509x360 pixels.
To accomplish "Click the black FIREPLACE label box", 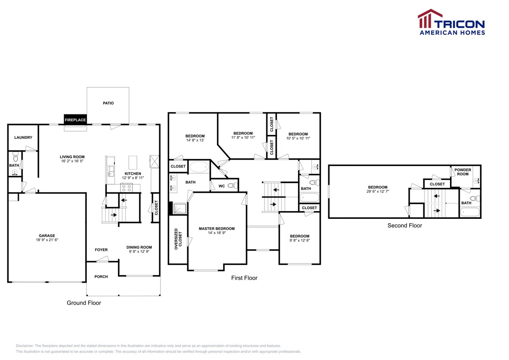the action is click(x=75, y=120).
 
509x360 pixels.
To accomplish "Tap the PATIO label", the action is click(x=108, y=103).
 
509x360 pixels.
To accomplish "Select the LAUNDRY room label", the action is click(x=23, y=138).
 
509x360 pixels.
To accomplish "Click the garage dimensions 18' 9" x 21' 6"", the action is click(x=47, y=240).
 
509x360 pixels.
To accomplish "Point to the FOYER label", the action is click(x=101, y=250).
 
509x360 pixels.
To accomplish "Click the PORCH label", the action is click(x=101, y=276).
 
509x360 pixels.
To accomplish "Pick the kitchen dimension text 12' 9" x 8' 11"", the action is click(x=133, y=178).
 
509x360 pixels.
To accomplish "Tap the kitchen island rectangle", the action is click(x=133, y=162).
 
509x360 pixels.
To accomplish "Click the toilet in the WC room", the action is click(x=232, y=186).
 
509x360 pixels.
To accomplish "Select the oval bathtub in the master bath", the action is click(x=199, y=167).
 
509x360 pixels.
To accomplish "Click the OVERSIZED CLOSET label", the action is click(x=178, y=239).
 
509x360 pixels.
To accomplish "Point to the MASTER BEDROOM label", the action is click(x=216, y=228).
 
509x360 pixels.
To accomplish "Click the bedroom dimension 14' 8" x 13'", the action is click(x=195, y=140).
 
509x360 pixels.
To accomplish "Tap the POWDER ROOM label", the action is click(x=463, y=172).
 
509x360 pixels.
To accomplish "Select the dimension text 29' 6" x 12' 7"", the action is click(x=377, y=191).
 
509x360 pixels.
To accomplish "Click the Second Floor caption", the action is click(x=405, y=225).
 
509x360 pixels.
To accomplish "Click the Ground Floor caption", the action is click(x=84, y=302).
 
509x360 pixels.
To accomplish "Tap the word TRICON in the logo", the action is click(x=459, y=24).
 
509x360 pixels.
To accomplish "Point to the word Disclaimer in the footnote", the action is click(x=24, y=346).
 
